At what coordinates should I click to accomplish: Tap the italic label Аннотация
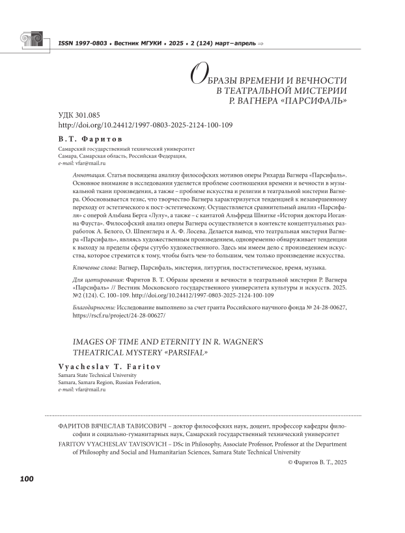[89, 177]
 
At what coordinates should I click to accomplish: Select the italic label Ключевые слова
[96, 268]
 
